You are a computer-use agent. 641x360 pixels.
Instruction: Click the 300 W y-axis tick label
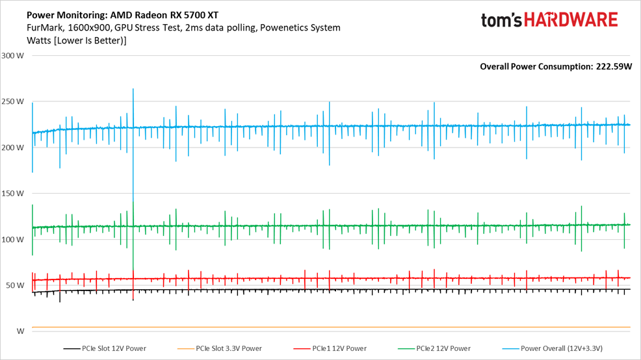(x=13, y=55)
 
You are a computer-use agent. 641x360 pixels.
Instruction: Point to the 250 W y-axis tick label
(x=13, y=101)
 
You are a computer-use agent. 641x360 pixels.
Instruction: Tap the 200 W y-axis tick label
(x=13, y=148)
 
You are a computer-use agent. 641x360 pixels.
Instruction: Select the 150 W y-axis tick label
(x=13, y=193)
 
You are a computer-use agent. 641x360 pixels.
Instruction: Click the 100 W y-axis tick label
(x=13, y=239)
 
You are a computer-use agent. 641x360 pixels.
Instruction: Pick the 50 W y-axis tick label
(x=15, y=285)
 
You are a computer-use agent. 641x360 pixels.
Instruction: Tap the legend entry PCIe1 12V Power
(x=336, y=348)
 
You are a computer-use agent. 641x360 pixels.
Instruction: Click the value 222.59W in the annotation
(x=614, y=66)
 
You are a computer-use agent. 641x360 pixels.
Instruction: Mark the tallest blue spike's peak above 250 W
(x=133, y=89)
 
